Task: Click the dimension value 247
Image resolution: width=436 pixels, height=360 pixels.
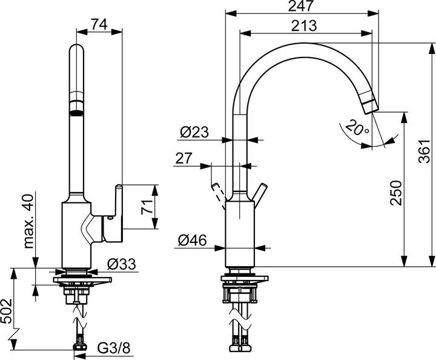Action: (x=301, y=7)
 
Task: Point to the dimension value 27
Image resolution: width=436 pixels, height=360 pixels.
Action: (x=184, y=158)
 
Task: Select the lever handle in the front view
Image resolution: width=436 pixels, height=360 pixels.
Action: (x=116, y=203)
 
